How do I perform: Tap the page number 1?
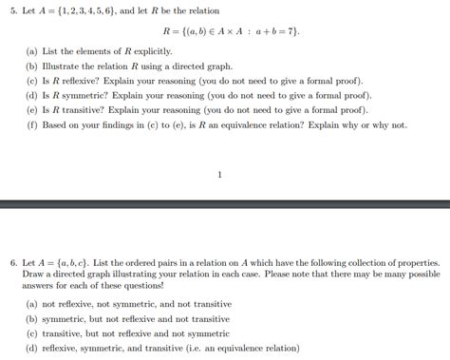coord(220,175)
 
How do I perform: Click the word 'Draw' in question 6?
coord(34,273)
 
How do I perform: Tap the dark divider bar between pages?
coord(225,204)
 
